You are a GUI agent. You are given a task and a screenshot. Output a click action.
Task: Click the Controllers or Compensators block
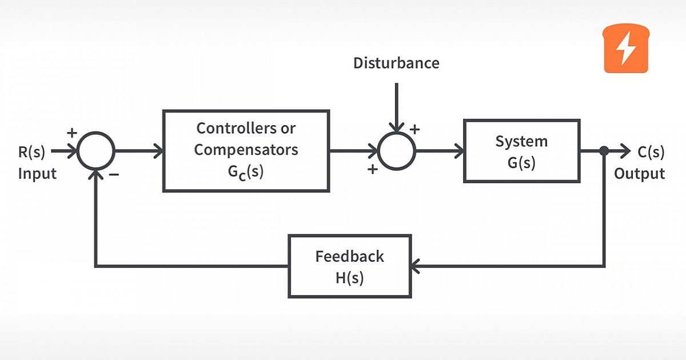point(246,151)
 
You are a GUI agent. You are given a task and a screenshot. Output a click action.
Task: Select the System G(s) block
point(521,151)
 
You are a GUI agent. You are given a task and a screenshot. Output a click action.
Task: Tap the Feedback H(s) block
point(349,266)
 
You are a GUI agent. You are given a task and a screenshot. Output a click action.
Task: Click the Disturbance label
point(396,63)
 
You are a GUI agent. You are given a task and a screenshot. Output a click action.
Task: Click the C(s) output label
point(651,152)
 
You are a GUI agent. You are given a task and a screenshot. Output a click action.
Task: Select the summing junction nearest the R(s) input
point(96,151)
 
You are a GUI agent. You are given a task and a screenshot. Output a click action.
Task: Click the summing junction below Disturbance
point(397,151)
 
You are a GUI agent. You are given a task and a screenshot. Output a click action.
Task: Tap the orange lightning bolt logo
point(627,49)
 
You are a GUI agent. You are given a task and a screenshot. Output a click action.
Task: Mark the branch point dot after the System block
point(604,151)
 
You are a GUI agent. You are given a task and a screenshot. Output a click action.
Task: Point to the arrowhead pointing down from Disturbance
point(397,127)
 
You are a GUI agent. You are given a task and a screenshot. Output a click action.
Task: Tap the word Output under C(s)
point(639,174)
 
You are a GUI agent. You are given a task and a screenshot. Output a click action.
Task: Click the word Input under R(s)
point(37,174)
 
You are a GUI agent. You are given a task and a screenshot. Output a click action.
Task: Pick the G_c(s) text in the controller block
point(245,173)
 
